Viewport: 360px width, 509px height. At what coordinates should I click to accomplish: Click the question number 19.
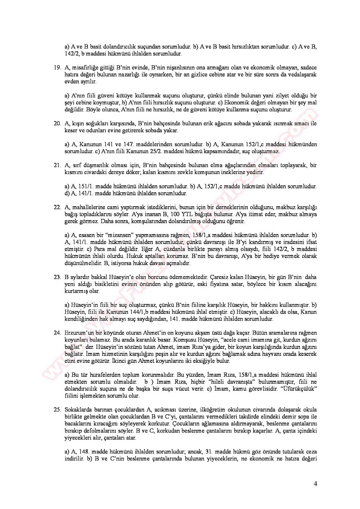point(57,67)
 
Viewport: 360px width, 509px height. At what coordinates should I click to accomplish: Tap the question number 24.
point(57,333)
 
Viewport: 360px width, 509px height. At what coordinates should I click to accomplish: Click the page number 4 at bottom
point(315,484)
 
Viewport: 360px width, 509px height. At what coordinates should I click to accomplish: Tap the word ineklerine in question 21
point(242,172)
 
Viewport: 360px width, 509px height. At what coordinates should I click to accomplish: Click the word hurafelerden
point(102,375)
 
